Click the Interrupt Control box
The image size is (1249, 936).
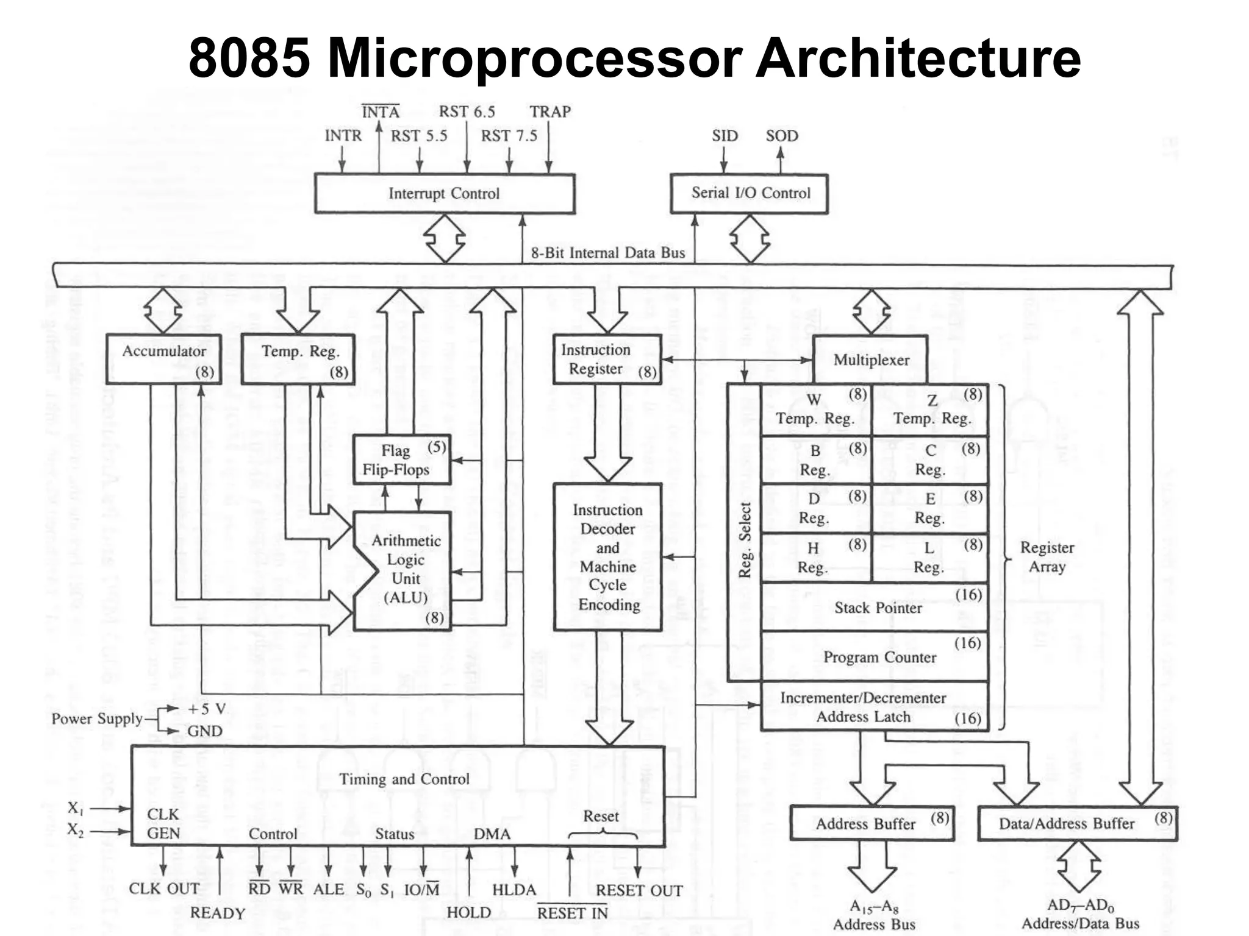(x=444, y=193)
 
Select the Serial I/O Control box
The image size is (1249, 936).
(x=750, y=193)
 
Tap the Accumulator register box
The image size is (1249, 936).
(x=163, y=359)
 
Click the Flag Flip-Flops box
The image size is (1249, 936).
(x=401, y=460)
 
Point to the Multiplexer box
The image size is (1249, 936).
(x=870, y=360)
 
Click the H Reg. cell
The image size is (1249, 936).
(x=815, y=557)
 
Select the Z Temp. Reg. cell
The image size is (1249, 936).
(x=931, y=409)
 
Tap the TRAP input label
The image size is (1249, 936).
(x=549, y=112)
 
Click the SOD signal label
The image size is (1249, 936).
(x=781, y=135)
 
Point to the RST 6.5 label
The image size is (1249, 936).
(x=467, y=112)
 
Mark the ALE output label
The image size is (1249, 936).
(x=328, y=889)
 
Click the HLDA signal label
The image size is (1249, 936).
(x=514, y=890)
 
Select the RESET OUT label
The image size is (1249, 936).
(x=639, y=890)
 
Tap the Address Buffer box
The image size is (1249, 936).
(x=871, y=823)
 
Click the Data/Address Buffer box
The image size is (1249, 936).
(x=1077, y=823)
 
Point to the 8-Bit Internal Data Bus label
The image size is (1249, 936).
(x=607, y=252)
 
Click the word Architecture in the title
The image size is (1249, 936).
(x=917, y=58)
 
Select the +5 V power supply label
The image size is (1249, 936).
(x=207, y=709)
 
